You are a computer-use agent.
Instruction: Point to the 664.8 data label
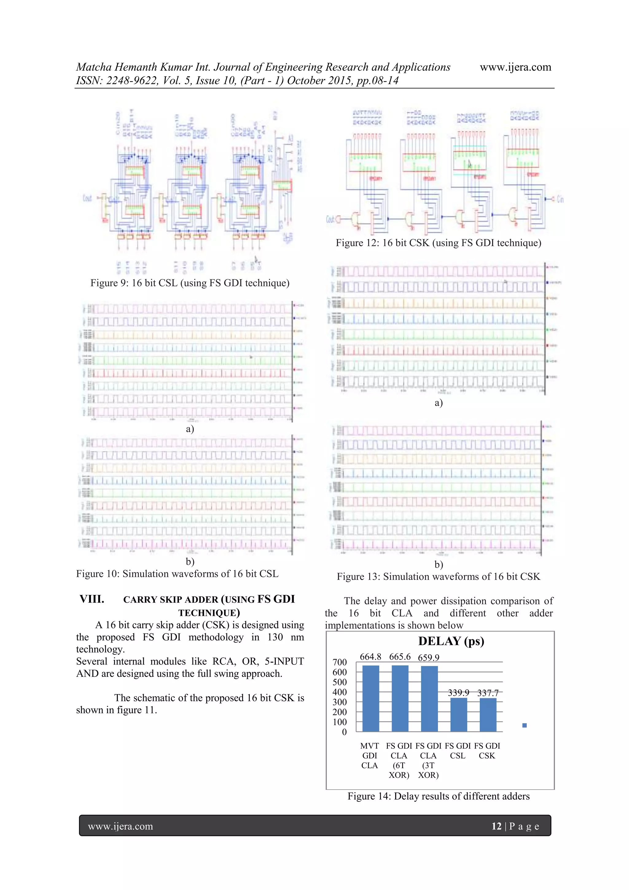click(x=370, y=657)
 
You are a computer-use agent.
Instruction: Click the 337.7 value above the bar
click(x=488, y=693)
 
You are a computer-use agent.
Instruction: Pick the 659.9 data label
click(x=428, y=657)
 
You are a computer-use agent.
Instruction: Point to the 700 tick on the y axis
click(x=339, y=662)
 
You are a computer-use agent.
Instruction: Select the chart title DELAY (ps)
click(x=451, y=641)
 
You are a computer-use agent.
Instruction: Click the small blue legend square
click(x=525, y=725)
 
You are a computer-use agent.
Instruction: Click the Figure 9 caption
click(x=190, y=283)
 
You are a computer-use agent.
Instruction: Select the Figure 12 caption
click(x=439, y=243)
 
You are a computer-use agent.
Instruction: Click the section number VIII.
click(x=92, y=599)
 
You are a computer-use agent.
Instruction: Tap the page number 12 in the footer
click(x=496, y=826)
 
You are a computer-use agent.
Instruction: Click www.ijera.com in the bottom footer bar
click(x=120, y=826)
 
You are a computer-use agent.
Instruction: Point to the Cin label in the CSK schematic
click(x=560, y=199)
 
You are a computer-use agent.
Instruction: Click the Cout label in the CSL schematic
click(x=87, y=198)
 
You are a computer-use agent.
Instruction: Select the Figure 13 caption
click(x=439, y=577)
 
